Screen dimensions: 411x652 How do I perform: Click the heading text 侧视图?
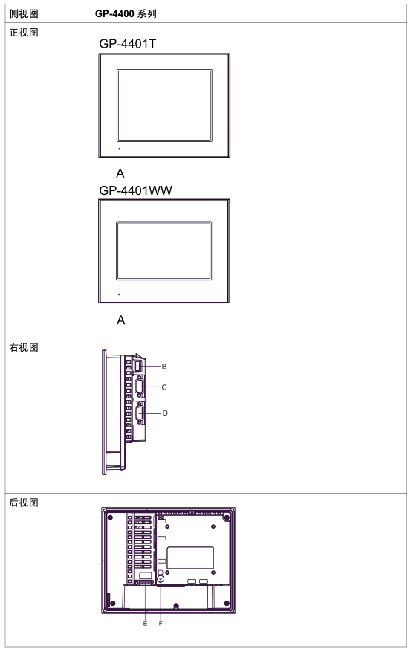click(x=24, y=13)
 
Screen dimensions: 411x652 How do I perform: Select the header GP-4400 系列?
click(x=126, y=13)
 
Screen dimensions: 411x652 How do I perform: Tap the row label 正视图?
click(x=24, y=33)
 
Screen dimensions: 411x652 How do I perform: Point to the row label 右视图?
click(x=24, y=347)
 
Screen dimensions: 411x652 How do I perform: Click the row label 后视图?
click(x=24, y=503)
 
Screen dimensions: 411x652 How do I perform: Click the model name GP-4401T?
click(x=128, y=44)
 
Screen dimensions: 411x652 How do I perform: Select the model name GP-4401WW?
click(x=135, y=190)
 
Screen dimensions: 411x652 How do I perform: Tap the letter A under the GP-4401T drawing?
click(x=120, y=173)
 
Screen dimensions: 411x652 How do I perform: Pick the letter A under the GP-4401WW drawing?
click(x=120, y=320)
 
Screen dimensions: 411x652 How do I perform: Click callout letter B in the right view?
click(x=164, y=367)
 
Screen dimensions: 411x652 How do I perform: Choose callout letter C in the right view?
click(x=164, y=387)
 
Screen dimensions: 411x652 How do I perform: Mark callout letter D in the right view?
click(x=165, y=413)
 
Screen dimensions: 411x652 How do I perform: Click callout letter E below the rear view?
click(x=145, y=623)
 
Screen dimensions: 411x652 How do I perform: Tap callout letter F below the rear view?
click(x=161, y=623)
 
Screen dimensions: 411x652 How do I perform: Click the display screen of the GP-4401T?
click(x=164, y=106)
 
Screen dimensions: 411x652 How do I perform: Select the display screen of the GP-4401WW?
click(x=164, y=251)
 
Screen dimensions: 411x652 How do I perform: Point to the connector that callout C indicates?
click(x=139, y=387)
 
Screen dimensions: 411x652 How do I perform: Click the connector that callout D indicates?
click(x=139, y=413)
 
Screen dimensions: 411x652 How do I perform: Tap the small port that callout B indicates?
click(x=138, y=367)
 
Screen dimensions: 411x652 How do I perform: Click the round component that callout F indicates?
click(x=161, y=579)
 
